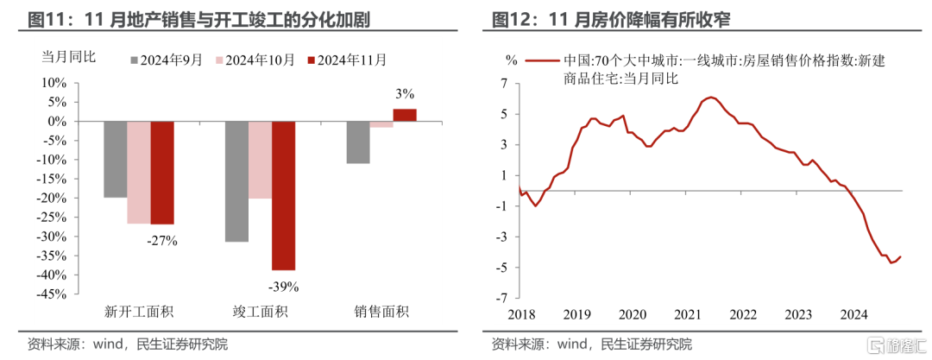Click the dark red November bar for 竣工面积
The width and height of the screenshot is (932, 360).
coord(283,195)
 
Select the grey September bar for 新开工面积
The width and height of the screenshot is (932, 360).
coord(116,160)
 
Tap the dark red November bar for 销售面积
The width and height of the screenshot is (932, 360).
coord(405,115)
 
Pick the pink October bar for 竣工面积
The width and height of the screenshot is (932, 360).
coord(260,160)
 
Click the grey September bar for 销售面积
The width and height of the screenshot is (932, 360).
coord(357,142)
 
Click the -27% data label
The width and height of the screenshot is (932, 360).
coord(162,241)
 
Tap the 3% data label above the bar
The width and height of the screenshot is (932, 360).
coord(405,93)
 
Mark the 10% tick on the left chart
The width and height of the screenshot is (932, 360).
coord(54,84)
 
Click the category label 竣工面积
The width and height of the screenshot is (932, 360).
coord(260,312)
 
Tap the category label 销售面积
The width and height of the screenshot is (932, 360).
coord(381,312)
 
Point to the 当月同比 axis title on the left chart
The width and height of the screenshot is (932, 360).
coord(70,58)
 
